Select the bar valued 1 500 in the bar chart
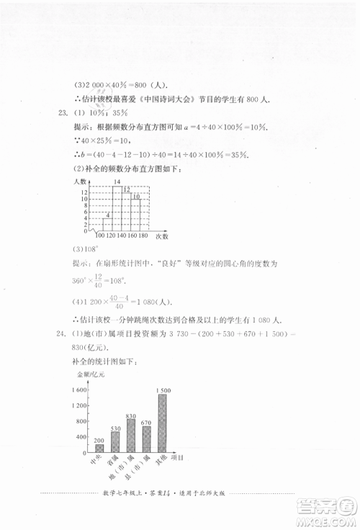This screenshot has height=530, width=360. (164, 422)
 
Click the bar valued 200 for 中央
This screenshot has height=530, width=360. (99, 448)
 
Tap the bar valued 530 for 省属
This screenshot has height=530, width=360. (115, 441)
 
